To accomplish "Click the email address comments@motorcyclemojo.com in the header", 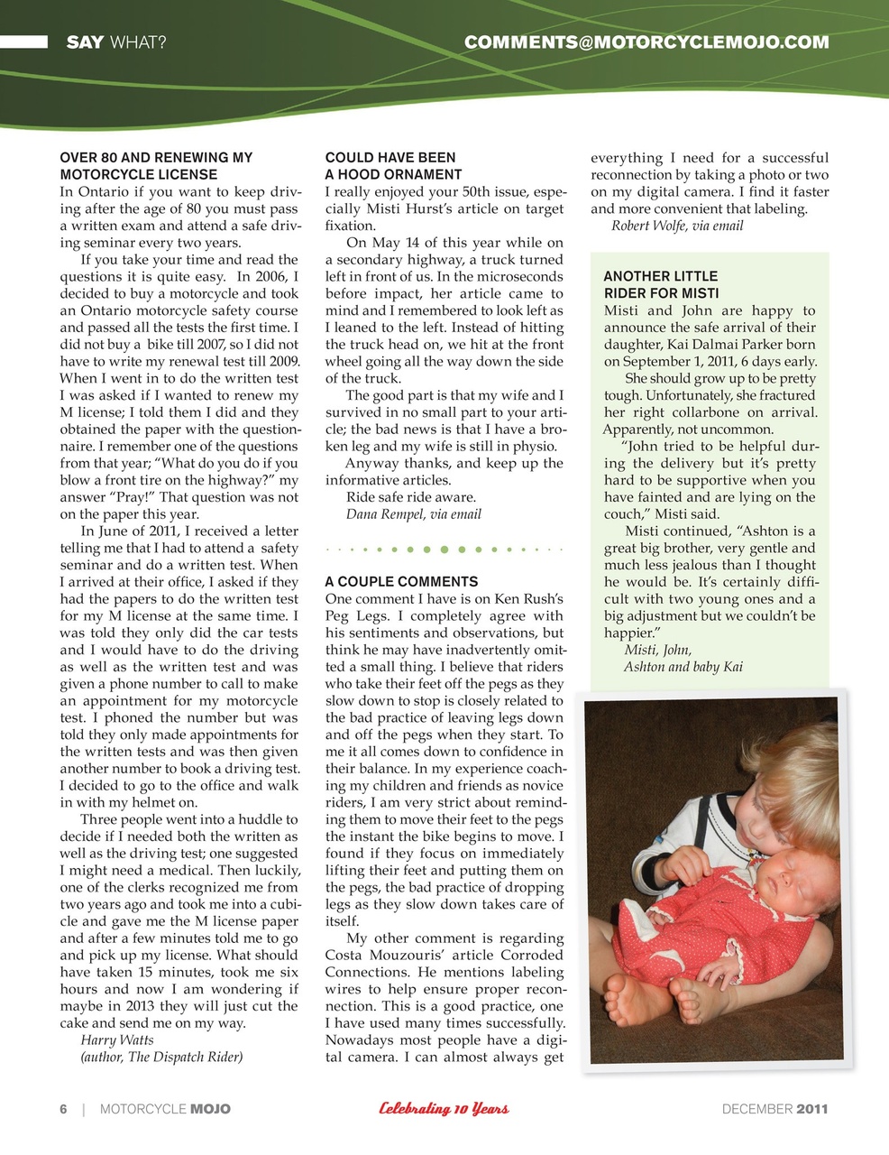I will [646, 42].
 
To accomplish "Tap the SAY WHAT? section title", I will [115, 42].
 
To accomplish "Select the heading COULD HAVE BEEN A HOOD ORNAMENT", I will [393, 166].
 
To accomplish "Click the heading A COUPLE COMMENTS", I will [401, 582].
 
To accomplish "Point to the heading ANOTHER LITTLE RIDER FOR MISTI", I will [661, 284].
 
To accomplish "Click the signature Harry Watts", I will [117, 1039].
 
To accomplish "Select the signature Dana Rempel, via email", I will [413, 514].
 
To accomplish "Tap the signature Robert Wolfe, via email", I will [677, 226].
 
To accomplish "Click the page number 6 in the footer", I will [63, 1109].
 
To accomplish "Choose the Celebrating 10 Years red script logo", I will [444, 1109].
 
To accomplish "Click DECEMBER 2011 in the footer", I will [774, 1109].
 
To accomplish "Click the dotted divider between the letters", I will [444, 549].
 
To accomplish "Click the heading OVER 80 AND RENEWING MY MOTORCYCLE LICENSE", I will [156, 166].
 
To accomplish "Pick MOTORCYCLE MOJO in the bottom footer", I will [165, 1109].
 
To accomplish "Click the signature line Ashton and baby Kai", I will [683, 667].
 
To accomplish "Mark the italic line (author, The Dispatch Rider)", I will [161, 1057].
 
